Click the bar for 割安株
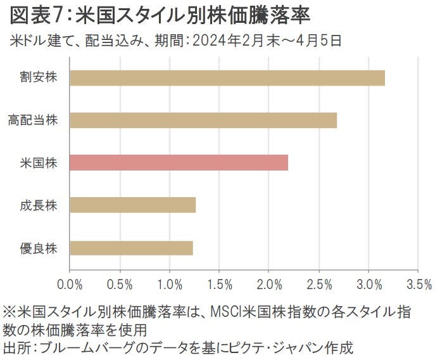coord(227,78)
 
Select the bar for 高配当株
coord(203,120)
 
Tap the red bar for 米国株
coord(179,163)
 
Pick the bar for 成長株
coord(132,205)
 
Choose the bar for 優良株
coord(131,248)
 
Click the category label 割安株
coord(38,78)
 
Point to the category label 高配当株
coord(32,120)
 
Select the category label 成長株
coord(38,205)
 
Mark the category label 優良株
coord(38,248)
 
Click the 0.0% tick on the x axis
coord(70,283)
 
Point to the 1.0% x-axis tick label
coord(170,283)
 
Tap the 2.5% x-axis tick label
coord(319,283)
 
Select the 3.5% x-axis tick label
coord(419,283)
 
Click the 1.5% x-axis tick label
coord(220,283)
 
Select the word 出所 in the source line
coord(16,347)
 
